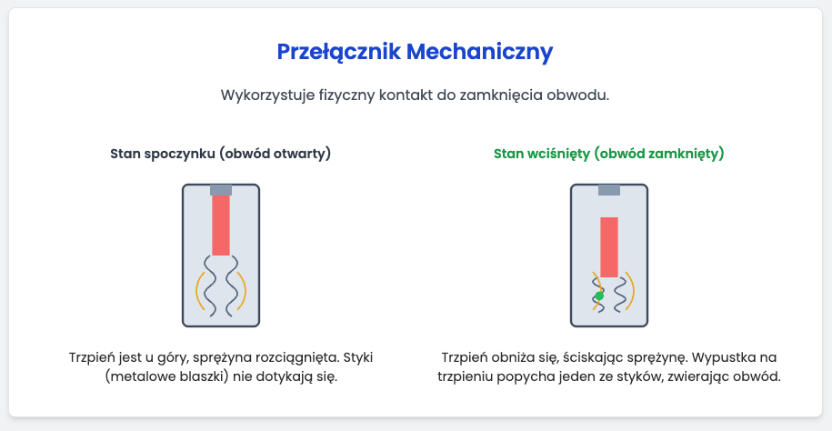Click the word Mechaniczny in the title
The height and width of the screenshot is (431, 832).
(x=480, y=52)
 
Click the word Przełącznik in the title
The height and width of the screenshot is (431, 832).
(x=339, y=52)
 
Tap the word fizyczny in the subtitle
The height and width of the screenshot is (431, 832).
(x=346, y=96)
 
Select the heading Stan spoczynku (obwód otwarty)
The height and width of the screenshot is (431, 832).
(x=221, y=154)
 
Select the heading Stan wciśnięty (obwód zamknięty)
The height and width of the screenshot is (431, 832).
(x=609, y=154)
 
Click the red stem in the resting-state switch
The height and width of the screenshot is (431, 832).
(x=221, y=226)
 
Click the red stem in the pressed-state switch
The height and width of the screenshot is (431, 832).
(x=609, y=246)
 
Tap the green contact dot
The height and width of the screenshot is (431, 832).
(x=599, y=296)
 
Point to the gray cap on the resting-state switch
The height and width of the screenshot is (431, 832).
(x=221, y=189)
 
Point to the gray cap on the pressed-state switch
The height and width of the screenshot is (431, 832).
(x=609, y=189)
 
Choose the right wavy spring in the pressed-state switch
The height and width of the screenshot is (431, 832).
(x=621, y=295)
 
